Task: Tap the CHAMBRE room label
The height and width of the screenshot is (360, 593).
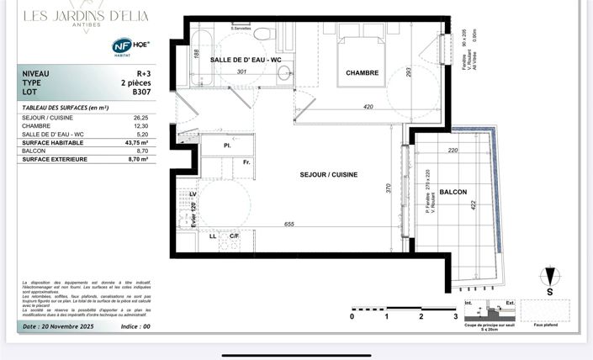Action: (362, 73)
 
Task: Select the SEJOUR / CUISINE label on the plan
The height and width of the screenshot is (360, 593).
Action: (328, 175)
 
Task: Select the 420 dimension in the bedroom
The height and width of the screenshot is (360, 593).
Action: (368, 107)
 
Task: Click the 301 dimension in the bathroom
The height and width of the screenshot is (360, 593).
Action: (241, 72)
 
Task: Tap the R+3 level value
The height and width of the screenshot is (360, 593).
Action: (130, 74)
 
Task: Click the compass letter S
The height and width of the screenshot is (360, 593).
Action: (550, 294)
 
